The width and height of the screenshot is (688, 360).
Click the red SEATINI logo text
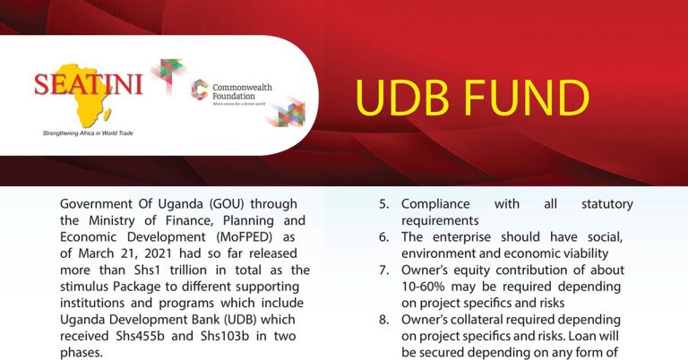pyautogui.click(x=89, y=84)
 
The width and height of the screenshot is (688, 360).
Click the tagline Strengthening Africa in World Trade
pyautogui.click(x=88, y=133)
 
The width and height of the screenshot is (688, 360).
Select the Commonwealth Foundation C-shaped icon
pyautogui.click(x=200, y=90)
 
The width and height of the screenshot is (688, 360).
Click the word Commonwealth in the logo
pyautogui.click(x=242, y=87)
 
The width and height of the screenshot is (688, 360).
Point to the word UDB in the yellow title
pyautogui.click(x=402, y=98)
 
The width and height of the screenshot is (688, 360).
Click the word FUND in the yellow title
pyautogui.click(x=527, y=98)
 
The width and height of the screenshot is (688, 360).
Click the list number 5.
pyautogui.click(x=384, y=204)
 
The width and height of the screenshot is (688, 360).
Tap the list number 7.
pyautogui.click(x=384, y=270)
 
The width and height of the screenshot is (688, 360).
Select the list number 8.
pyautogui.click(x=384, y=320)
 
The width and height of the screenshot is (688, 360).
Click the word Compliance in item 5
pyautogui.click(x=435, y=205)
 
